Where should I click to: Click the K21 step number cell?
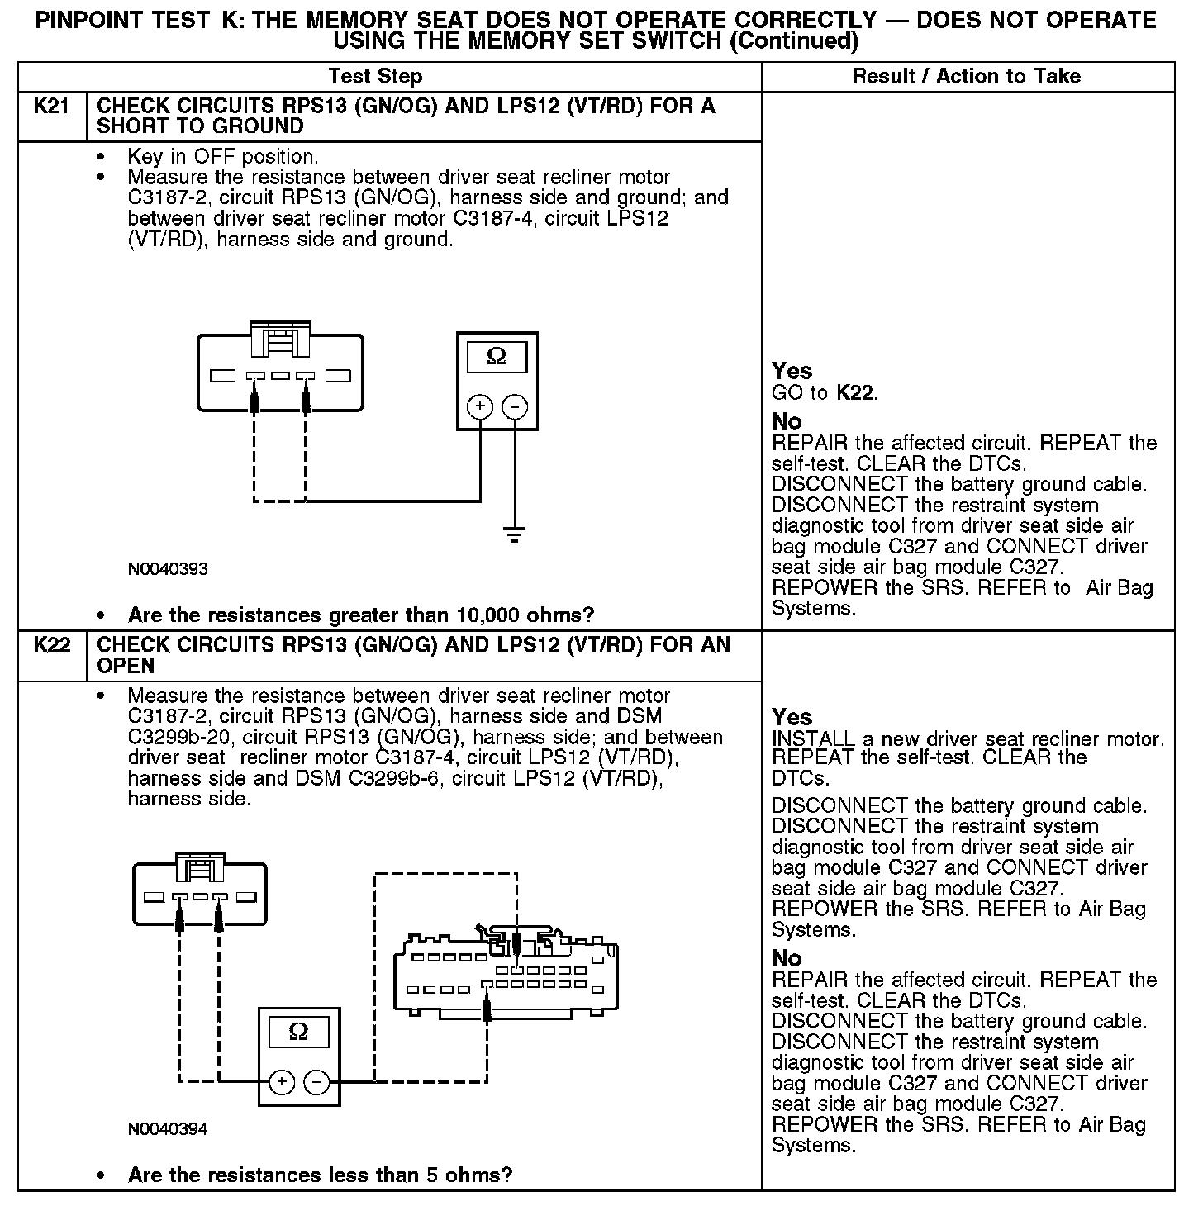coord(52,107)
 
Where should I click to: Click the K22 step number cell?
coord(52,645)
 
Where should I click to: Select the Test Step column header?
coord(375,77)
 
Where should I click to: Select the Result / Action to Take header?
coord(966,77)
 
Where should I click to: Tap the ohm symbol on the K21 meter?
coord(497,356)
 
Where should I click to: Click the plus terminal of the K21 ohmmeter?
coord(480,406)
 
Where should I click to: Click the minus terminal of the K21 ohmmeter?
coord(515,406)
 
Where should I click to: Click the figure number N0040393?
coord(168,569)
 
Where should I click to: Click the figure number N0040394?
coord(168,1129)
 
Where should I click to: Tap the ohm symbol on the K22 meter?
coord(298,1032)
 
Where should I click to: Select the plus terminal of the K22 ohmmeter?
coord(282,1081)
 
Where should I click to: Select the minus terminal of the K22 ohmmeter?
coord(316,1081)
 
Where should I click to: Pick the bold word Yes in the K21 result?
coord(792,371)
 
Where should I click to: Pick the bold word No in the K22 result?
coord(787,958)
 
